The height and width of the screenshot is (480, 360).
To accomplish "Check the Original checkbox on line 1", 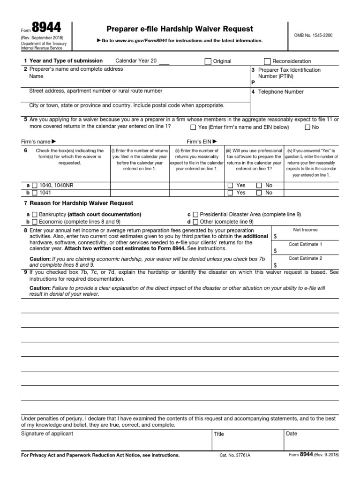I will point(208,61).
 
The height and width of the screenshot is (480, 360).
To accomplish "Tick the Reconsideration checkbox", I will point(267,61).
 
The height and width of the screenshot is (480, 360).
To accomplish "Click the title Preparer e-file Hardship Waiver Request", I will point(180,29).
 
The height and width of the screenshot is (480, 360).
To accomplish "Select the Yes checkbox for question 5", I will point(193,127).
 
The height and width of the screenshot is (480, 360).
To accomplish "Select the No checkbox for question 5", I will point(307,127).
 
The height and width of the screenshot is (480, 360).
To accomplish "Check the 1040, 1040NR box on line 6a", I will point(34,186).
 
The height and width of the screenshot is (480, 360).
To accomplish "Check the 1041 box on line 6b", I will point(34,193).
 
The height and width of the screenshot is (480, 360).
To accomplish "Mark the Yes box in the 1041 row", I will point(230,193).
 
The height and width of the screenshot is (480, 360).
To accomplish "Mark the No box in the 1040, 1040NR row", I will point(259,186).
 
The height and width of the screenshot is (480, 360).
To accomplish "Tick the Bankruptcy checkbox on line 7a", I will point(34,214).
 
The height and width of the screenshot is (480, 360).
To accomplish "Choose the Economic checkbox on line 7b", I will point(34,222).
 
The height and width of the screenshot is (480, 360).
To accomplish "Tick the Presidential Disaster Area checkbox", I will point(195,214).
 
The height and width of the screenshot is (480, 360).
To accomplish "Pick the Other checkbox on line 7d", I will point(195,222).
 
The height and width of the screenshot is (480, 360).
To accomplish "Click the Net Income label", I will point(305,230).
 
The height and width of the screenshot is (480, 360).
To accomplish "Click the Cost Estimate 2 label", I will point(305,258).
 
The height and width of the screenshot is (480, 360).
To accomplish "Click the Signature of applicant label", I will point(47,434).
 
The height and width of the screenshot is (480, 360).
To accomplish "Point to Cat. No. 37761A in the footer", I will point(235,455).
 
